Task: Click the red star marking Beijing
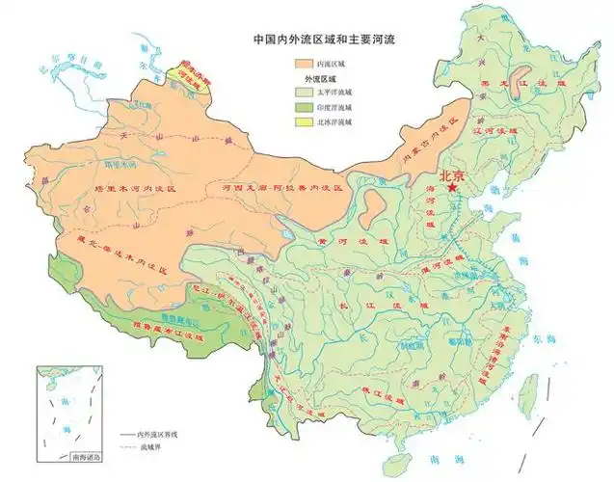452,189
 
